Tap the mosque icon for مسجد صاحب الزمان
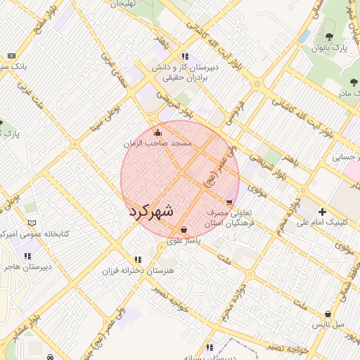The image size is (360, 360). click(x=157, y=132)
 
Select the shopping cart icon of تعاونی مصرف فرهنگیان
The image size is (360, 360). click(x=229, y=202)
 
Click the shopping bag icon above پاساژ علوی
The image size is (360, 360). click(x=184, y=229)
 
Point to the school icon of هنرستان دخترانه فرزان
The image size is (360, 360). click(x=138, y=259)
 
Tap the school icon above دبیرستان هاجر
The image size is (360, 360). click(x=27, y=257)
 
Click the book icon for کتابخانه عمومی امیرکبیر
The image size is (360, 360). click(x=31, y=223)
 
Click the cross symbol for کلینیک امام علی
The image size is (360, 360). click(x=322, y=212)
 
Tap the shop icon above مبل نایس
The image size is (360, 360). click(x=328, y=314)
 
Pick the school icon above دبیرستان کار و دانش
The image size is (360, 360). click(x=184, y=56)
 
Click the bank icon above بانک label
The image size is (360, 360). click(x=11, y=56)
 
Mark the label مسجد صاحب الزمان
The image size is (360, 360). click(x=156, y=143)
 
